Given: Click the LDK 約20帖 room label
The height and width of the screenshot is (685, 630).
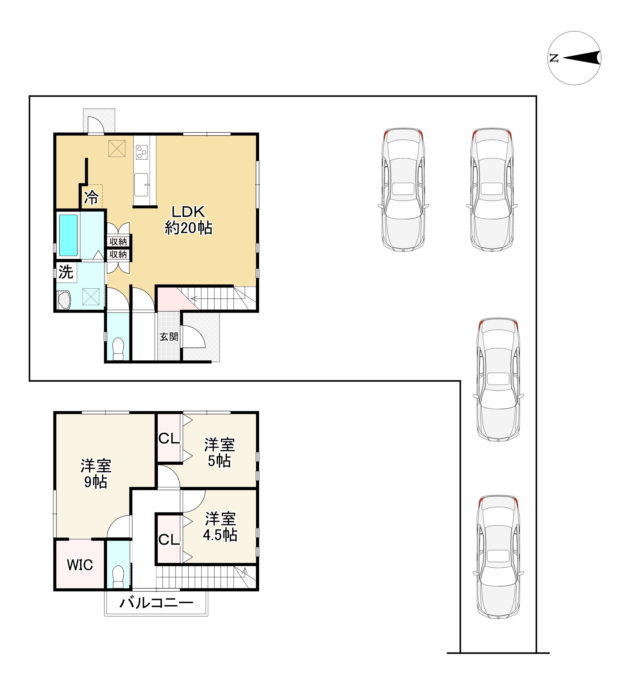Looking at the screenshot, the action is point(189,220).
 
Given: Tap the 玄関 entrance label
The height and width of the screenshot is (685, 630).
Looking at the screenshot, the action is point(169,337).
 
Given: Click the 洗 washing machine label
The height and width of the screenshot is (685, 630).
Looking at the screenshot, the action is point(66,272).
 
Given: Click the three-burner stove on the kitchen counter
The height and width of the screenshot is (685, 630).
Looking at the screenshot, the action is point(142,152).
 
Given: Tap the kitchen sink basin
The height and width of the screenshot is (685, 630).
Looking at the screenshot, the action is point(141,185).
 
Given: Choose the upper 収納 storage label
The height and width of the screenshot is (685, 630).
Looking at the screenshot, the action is point(118,242).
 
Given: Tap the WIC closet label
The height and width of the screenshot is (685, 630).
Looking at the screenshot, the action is point(80,565).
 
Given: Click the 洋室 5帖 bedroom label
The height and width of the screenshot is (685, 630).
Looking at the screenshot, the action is point(219,453).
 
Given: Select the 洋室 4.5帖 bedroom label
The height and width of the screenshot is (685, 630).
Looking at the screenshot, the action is point(220,527).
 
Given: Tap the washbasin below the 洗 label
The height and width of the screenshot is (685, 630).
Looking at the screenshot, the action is point(64,300).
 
